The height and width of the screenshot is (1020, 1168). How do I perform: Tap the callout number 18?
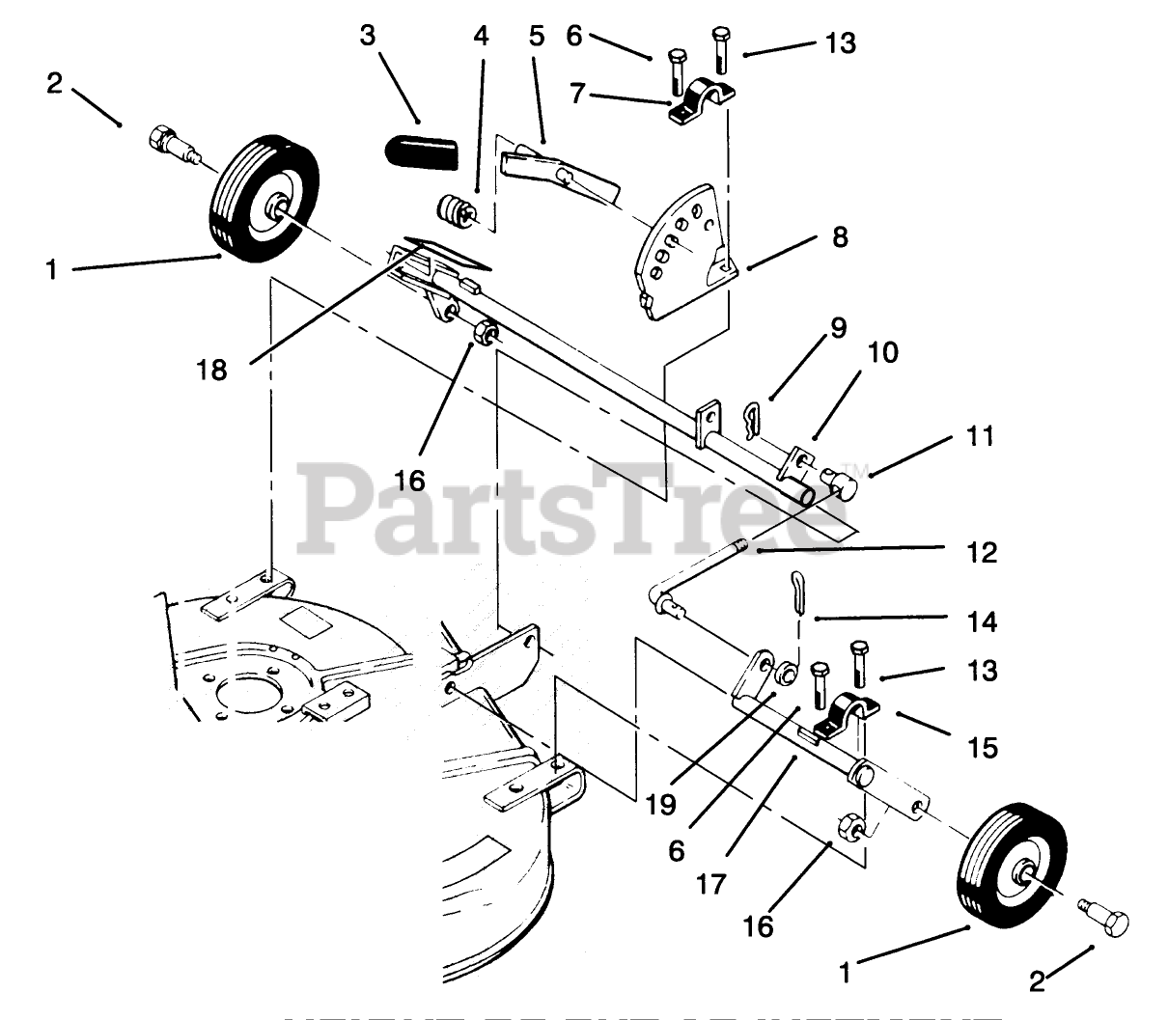tap(211, 369)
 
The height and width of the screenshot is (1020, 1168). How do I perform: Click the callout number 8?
tap(840, 236)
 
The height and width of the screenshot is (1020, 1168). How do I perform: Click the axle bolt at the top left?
tap(169, 146)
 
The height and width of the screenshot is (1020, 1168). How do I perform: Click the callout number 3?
tap(368, 35)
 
